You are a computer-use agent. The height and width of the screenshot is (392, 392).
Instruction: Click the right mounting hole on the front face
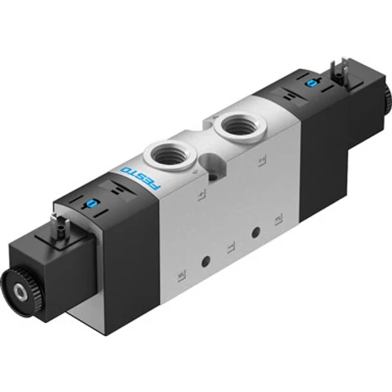pyautogui.click(x=255, y=232)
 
